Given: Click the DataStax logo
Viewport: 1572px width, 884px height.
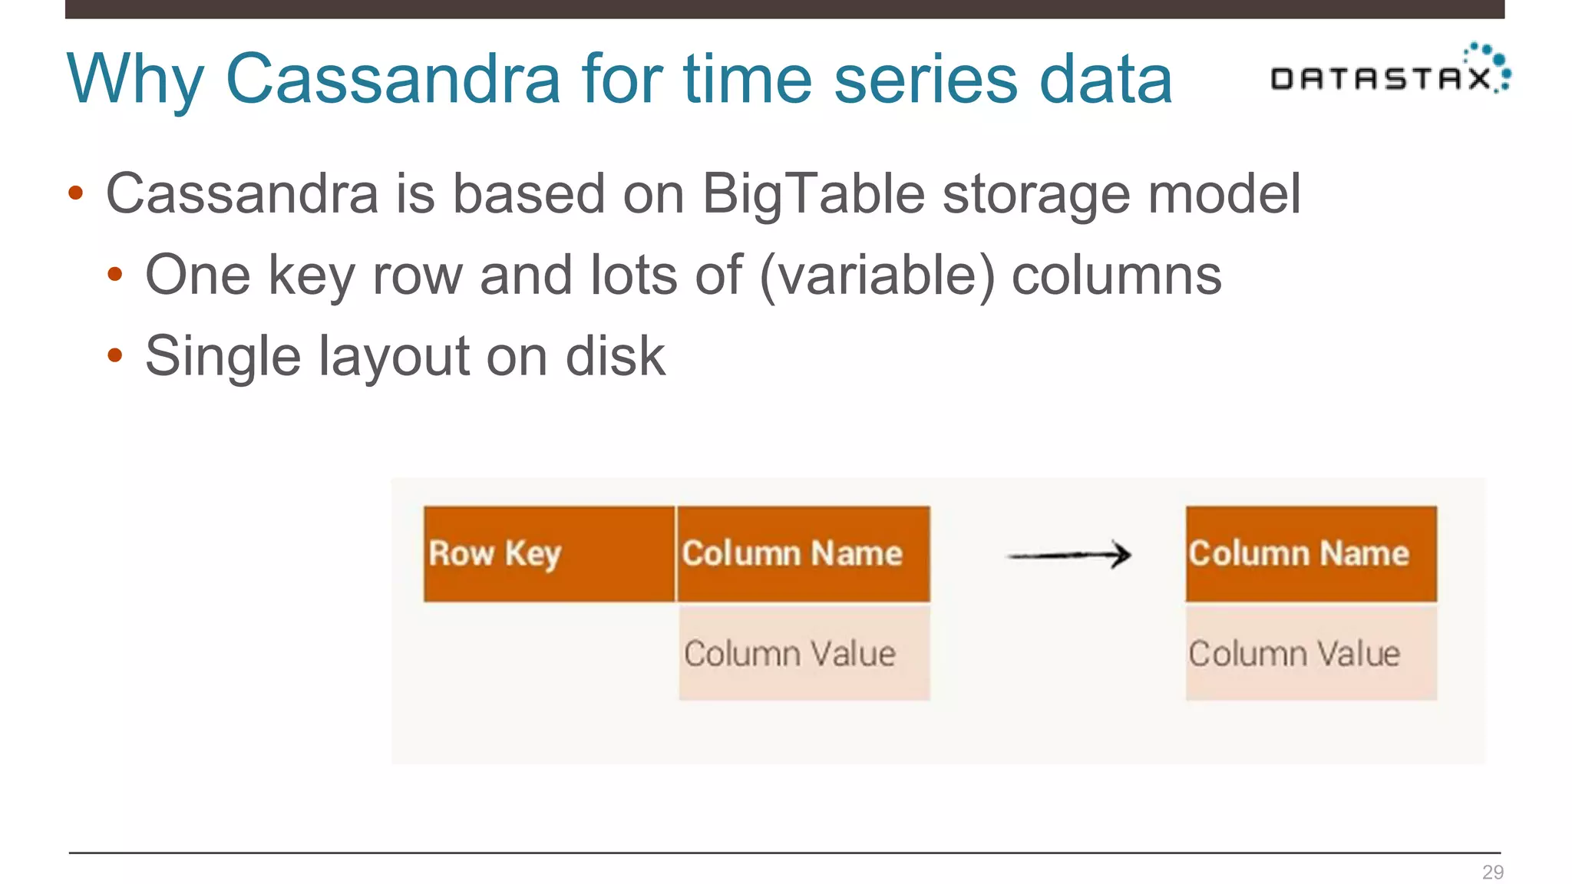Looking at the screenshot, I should [1389, 72].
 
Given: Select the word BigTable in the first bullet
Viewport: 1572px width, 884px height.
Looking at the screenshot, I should [813, 193].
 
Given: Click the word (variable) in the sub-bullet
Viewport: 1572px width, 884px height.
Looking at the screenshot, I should [877, 275].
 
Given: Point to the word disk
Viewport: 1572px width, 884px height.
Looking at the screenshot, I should [615, 356].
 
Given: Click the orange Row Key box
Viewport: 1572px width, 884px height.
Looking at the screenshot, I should [549, 554].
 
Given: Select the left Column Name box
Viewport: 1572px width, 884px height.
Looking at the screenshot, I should [804, 554].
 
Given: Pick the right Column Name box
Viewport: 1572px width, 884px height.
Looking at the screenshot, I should [1311, 554].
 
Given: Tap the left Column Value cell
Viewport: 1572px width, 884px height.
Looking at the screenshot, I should [804, 654].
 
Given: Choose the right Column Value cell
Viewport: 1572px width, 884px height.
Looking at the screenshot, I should [1311, 654].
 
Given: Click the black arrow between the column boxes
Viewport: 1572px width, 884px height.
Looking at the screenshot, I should [1069, 555].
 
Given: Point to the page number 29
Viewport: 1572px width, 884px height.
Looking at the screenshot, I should [1492, 872].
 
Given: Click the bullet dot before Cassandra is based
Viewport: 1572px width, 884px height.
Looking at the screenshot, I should [75, 193].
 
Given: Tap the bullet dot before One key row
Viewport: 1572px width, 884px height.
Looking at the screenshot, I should [115, 275].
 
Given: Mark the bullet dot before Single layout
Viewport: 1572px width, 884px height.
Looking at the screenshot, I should [115, 355].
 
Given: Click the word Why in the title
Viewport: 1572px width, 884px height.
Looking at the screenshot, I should [135, 80].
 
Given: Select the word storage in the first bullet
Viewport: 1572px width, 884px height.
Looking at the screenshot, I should [1035, 195].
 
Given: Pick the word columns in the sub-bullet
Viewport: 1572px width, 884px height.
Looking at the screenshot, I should [1116, 275].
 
